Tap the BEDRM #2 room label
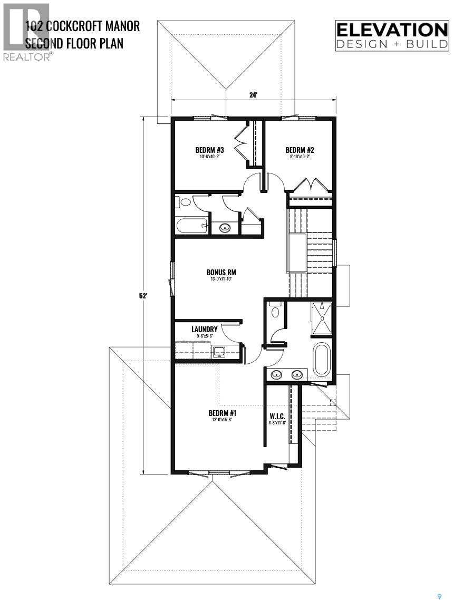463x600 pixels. (296, 149)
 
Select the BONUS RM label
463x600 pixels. (220, 273)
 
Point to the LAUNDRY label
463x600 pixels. (205, 330)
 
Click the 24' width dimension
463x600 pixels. (254, 95)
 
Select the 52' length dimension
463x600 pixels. (142, 296)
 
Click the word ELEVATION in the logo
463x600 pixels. (392, 30)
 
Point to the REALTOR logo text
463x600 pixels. (27, 57)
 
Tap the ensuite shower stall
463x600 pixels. (321, 318)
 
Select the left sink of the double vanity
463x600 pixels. (276, 374)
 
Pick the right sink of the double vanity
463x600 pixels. (297, 374)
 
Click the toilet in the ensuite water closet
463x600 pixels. (274, 312)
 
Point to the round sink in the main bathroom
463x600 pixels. (225, 228)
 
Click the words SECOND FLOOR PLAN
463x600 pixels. (74, 42)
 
